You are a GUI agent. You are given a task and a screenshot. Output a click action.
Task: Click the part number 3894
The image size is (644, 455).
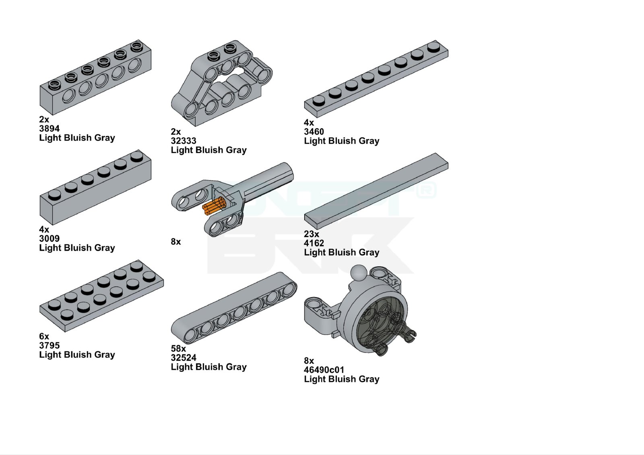point(50,129)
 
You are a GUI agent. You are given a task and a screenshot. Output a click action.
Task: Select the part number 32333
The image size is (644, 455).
point(184,141)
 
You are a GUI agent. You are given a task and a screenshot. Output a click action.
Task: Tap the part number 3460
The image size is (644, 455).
point(314,132)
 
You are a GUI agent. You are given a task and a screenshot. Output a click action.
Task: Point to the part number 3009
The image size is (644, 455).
point(50,238)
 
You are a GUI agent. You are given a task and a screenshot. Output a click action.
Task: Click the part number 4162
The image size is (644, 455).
point(314,243)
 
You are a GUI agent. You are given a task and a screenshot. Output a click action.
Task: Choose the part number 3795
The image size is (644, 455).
point(50,345)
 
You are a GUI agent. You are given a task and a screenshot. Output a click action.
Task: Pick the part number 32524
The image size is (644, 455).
point(184,358)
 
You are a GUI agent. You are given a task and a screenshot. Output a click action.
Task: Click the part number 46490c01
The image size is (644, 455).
point(324,370)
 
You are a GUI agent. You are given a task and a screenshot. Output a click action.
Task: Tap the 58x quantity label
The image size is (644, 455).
point(178,348)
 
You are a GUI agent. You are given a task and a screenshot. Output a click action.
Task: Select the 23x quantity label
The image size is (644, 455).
point(312,234)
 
